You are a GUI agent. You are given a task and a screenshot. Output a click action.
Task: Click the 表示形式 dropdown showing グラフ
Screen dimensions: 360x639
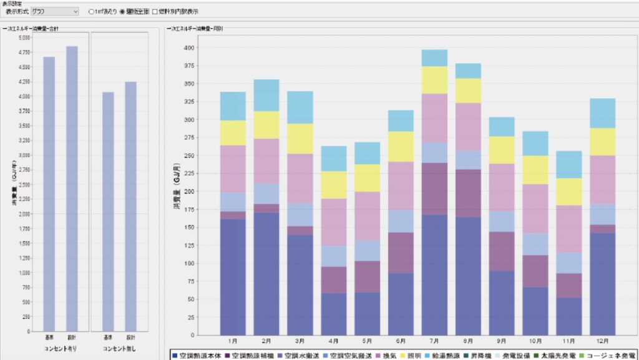[x=55, y=11]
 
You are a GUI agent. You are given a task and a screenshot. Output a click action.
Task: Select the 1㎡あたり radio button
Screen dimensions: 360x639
[x=92, y=11]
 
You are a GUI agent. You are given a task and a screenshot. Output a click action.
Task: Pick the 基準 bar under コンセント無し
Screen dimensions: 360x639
[x=108, y=212]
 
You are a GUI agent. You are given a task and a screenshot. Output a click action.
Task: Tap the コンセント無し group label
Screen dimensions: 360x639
[x=119, y=348]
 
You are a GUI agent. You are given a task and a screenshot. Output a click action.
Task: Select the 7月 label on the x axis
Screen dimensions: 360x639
[x=434, y=342]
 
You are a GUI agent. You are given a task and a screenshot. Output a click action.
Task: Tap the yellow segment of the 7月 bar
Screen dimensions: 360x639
[x=434, y=80]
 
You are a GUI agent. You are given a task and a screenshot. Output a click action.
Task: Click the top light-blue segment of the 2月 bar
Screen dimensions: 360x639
[x=266, y=95]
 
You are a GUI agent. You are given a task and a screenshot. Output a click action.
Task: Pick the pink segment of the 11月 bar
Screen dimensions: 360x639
[x=568, y=228]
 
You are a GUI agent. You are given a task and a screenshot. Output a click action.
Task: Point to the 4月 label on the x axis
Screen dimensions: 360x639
[x=333, y=342]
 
